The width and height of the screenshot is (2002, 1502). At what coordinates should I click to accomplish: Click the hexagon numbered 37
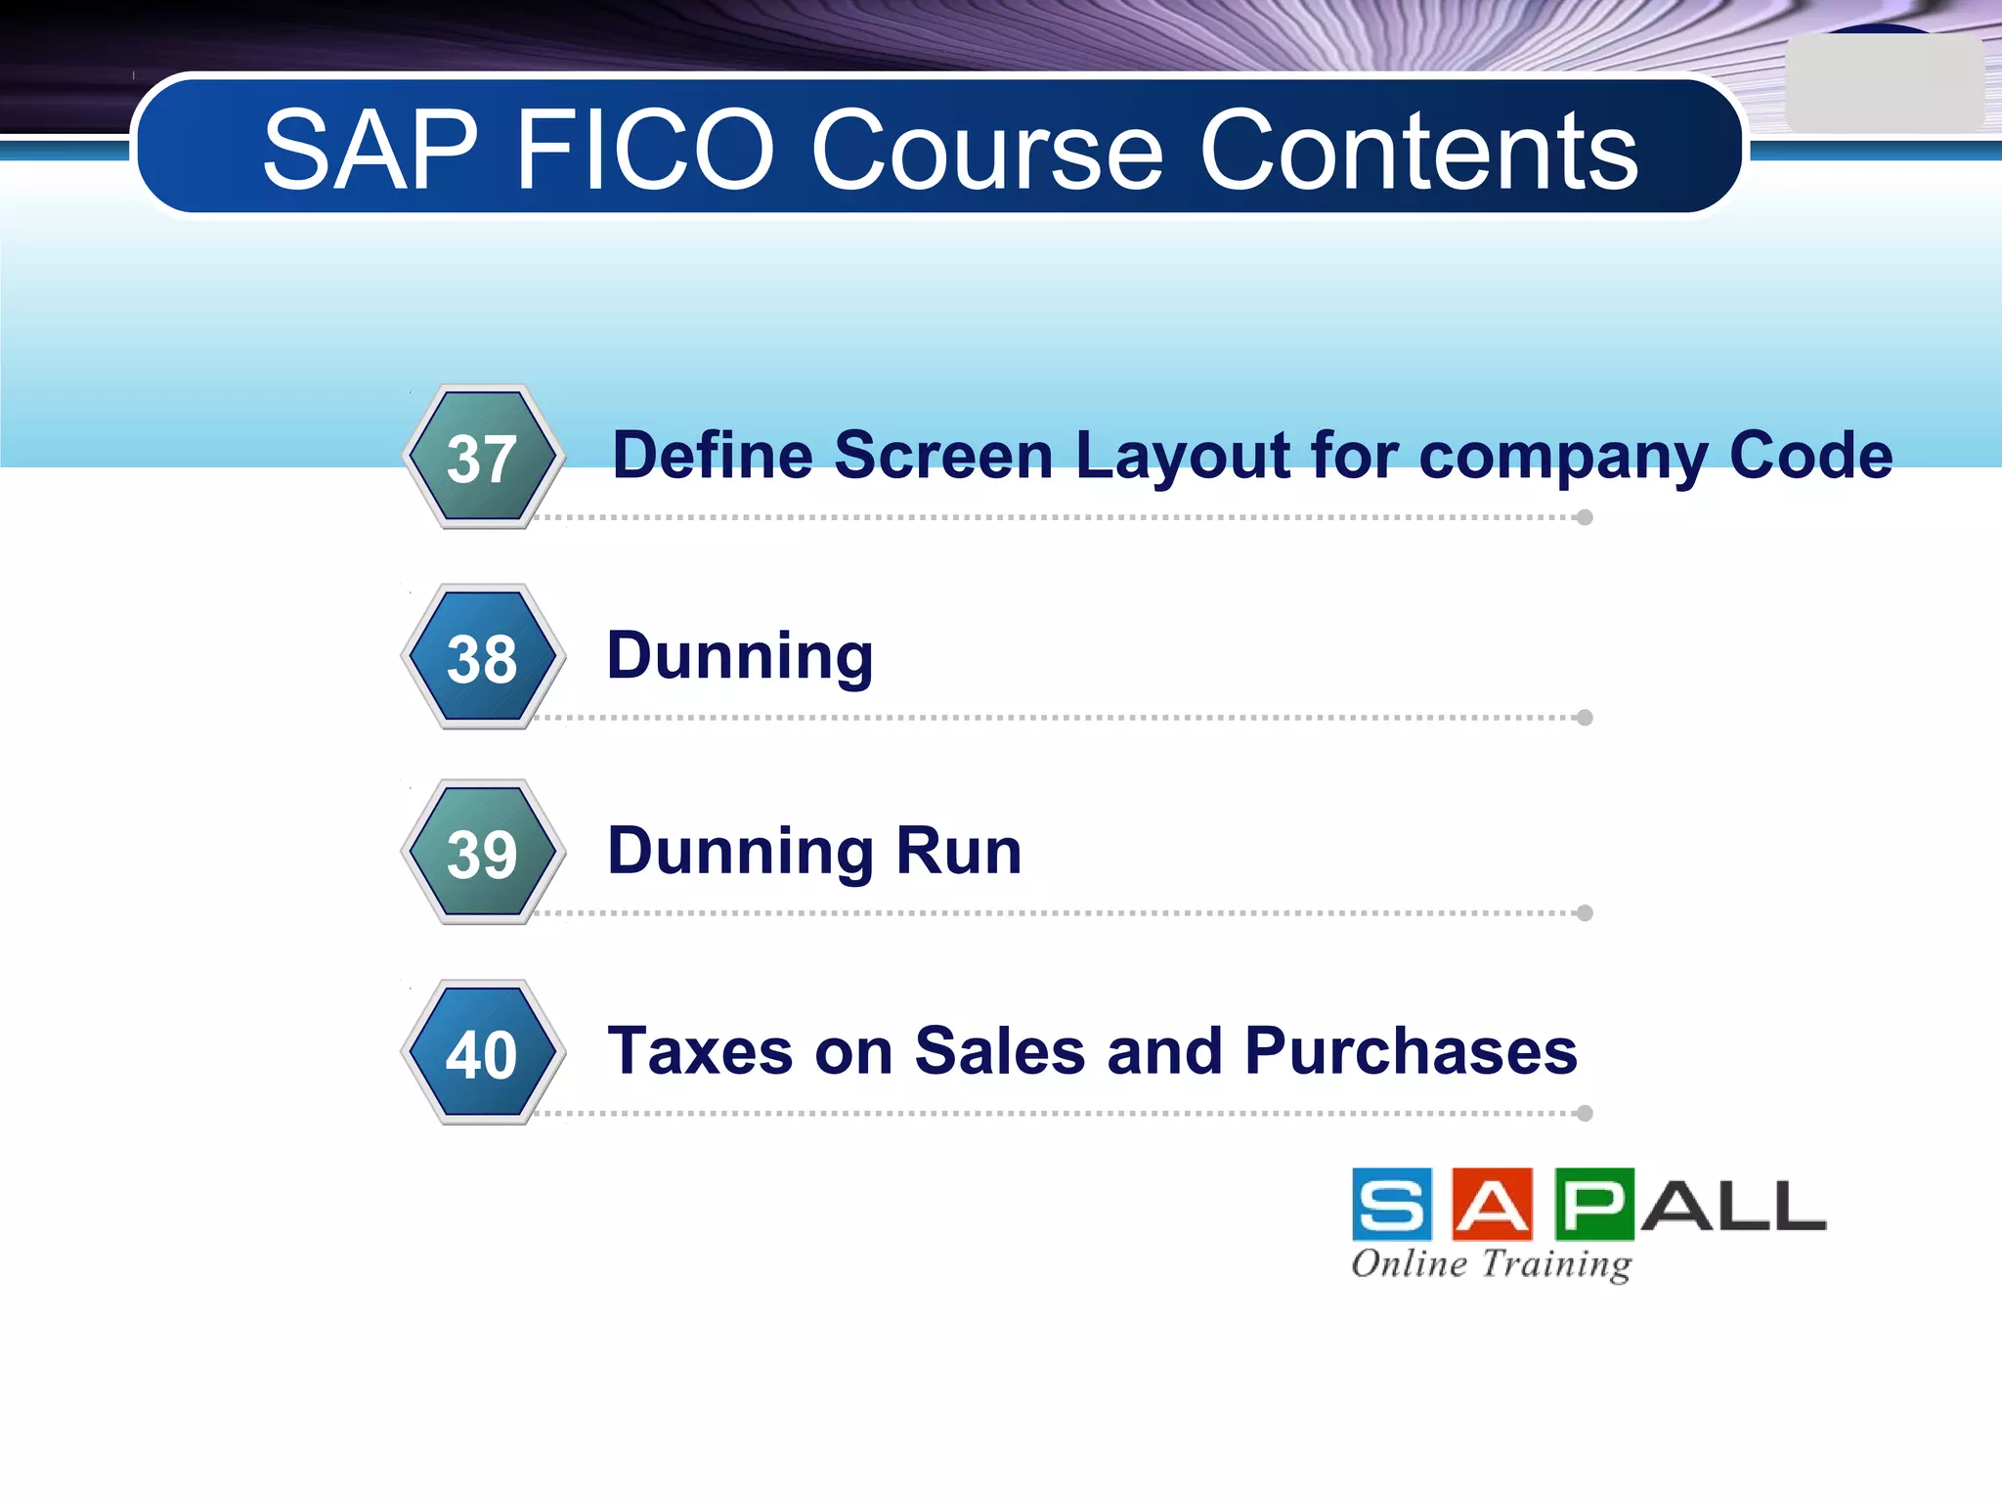pyautogui.click(x=483, y=457)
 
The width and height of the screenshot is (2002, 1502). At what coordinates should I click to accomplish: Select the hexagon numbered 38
pyautogui.click(x=483, y=656)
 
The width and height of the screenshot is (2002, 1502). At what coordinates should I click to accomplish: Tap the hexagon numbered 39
pyautogui.click(x=483, y=852)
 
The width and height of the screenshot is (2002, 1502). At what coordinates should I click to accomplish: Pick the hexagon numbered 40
pyautogui.click(x=483, y=1052)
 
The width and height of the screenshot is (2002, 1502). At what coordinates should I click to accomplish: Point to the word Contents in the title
pyautogui.click(x=1418, y=151)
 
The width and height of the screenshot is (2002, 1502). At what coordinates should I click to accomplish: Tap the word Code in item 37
pyautogui.click(x=1810, y=456)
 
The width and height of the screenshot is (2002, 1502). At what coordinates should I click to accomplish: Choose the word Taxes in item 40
pyautogui.click(x=700, y=1051)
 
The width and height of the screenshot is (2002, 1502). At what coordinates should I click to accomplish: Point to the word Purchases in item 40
pyautogui.click(x=1411, y=1051)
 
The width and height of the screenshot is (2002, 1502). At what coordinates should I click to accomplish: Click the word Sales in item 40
pyautogui.click(x=1000, y=1051)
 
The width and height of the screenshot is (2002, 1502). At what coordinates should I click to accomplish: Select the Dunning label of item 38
pyautogui.click(x=740, y=655)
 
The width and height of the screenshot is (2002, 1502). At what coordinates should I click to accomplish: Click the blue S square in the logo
pyautogui.click(x=1392, y=1204)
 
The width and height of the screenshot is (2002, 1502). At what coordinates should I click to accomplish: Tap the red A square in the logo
pyautogui.click(x=1493, y=1204)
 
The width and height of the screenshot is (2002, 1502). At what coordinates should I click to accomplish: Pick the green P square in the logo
pyautogui.click(x=1593, y=1204)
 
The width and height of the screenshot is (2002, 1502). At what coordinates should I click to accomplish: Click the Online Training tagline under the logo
pyautogui.click(x=1492, y=1263)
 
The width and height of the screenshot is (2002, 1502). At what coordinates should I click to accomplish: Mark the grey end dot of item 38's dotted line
pyautogui.click(x=1585, y=718)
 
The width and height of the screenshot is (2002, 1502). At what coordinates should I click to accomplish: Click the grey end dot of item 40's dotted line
pyautogui.click(x=1585, y=1113)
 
